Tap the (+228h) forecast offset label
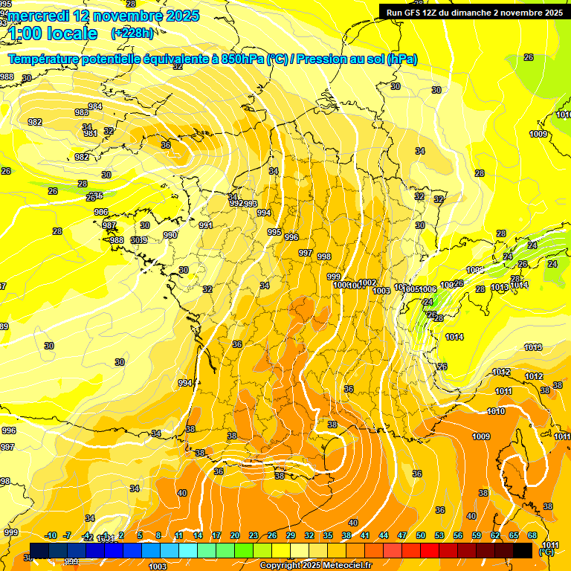[132, 33]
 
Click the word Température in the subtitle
[48, 59]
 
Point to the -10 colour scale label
[51, 535]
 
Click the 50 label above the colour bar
[421, 535]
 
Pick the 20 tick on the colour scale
[235, 535]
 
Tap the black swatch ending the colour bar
[523, 550]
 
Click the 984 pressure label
[95, 106]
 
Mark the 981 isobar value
[90, 134]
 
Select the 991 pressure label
[206, 225]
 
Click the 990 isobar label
[170, 235]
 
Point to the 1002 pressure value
[367, 283]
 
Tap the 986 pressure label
[101, 212]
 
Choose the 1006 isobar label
[428, 289]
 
